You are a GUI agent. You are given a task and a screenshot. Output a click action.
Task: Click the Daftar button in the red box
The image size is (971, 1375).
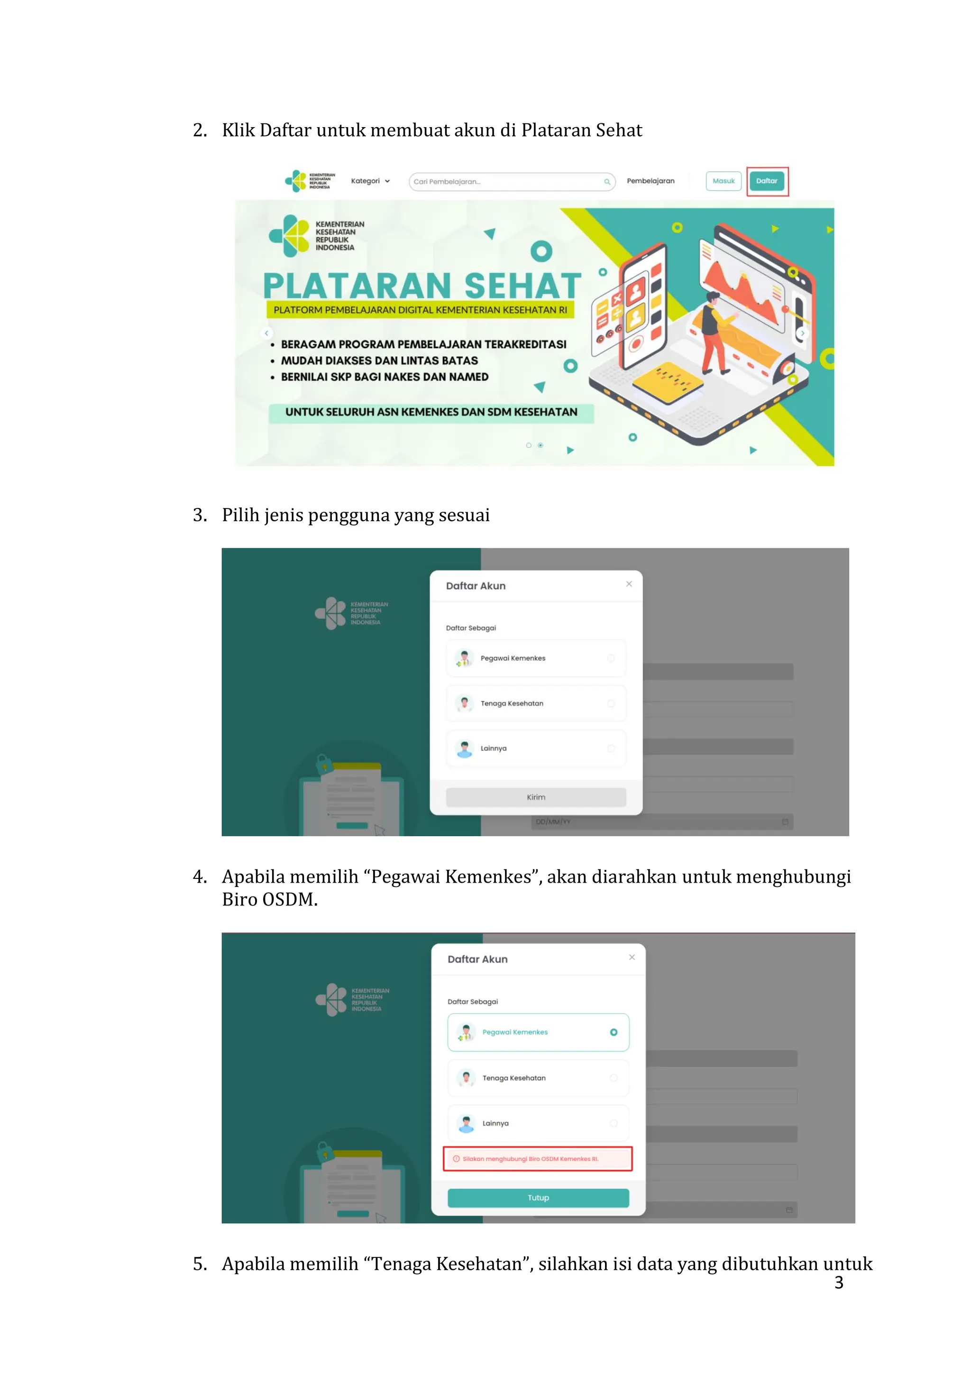pos(766,181)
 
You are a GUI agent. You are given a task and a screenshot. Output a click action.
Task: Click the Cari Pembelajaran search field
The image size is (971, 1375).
pos(509,182)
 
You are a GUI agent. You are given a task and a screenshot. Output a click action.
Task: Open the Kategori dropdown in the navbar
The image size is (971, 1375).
pos(370,181)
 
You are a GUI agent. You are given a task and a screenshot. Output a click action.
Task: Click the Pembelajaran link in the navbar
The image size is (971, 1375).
pos(650,181)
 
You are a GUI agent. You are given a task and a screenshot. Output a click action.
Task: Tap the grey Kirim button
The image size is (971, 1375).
pos(536,797)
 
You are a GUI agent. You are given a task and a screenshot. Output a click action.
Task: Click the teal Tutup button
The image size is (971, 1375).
pos(538,1197)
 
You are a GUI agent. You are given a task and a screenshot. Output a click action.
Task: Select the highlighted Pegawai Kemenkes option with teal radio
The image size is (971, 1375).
pos(538,1032)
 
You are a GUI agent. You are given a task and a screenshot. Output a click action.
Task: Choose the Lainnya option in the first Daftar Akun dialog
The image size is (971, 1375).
pos(536,748)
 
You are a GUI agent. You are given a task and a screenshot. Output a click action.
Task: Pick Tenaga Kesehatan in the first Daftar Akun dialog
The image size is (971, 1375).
pos(536,703)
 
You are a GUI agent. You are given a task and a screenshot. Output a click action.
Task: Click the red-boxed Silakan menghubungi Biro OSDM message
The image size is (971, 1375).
pos(537,1158)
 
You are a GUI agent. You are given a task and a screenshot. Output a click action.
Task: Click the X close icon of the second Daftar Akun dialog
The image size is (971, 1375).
pos(632,957)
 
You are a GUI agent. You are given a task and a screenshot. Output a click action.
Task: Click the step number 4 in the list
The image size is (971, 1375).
pos(199,877)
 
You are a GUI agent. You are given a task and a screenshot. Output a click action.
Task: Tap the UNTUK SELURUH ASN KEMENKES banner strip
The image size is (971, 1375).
pos(431,412)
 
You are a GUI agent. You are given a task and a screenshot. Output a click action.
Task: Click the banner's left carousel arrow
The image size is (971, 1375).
pos(266,333)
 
